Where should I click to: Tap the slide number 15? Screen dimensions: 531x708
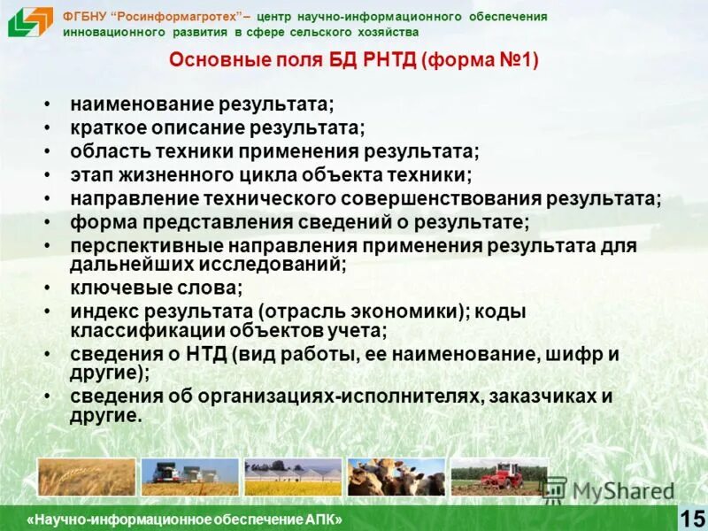691,519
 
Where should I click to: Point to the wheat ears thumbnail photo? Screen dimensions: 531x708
87,477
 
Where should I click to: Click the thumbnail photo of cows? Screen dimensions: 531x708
396,477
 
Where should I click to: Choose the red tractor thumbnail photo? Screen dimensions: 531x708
499,477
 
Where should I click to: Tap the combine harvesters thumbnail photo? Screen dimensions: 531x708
190,477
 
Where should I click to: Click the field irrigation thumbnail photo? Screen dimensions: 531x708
293,477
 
